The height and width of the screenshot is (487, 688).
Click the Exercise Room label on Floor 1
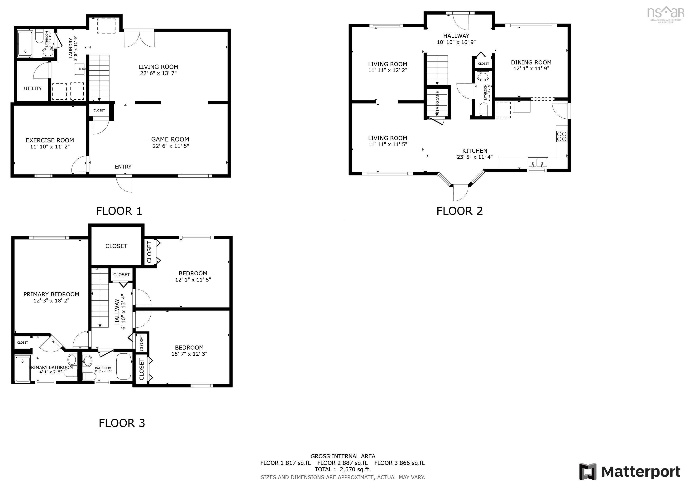pos(50,140)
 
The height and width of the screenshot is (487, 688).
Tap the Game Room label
pos(170,139)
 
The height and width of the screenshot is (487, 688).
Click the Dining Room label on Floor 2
pos(531,62)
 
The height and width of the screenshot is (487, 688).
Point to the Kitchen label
pos(475,151)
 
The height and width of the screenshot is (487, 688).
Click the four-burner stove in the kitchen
pos(562,136)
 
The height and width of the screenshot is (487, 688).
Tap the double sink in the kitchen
pos(538,163)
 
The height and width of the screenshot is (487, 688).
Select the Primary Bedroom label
pos(51,294)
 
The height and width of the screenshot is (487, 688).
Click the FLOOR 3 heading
pos(122,423)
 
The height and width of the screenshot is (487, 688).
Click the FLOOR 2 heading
pos(459,211)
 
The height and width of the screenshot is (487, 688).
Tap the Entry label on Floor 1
pos(123,167)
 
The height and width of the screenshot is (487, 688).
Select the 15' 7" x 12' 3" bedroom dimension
pos(189,354)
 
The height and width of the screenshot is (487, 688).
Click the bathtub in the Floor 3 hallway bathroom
pos(124,366)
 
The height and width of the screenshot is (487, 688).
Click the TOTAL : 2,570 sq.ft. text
pos(343,469)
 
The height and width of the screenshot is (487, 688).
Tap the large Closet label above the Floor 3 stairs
pos(116,246)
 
